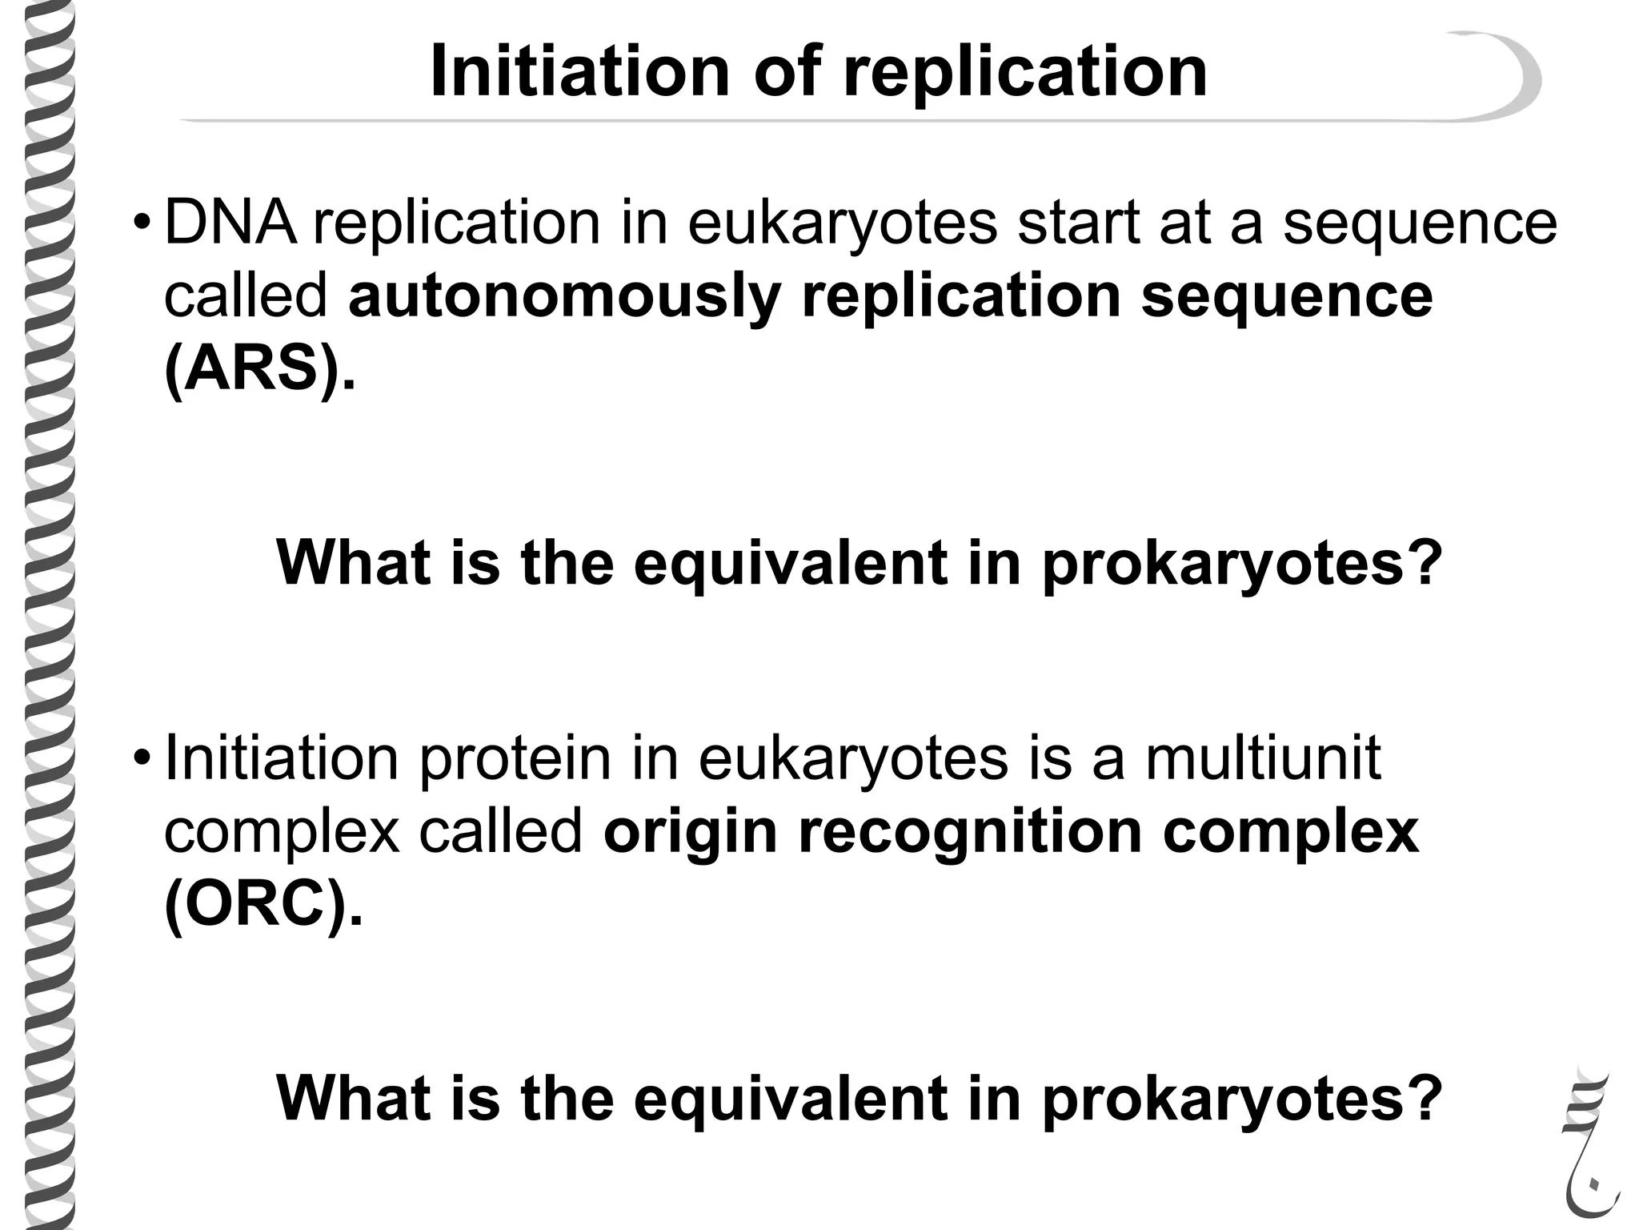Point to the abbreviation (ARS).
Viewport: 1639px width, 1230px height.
tap(258, 370)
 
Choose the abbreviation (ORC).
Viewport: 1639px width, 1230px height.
tap(262, 905)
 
